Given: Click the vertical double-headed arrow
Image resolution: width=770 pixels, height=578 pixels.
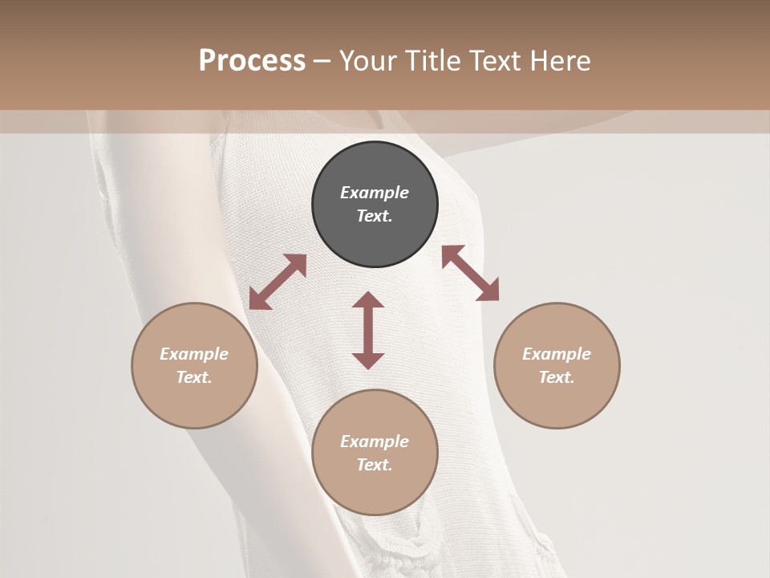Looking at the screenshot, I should click(x=368, y=330).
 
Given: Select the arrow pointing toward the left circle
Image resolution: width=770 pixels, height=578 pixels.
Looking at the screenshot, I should click(x=278, y=282).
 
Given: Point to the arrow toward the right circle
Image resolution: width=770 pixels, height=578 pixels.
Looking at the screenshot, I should click(x=470, y=273).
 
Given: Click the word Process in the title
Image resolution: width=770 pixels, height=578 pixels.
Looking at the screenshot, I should click(x=252, y=60).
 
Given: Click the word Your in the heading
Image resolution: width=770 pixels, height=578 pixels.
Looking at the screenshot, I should click(x=365, y=60).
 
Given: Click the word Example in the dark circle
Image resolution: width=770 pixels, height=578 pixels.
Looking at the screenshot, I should click(x=375, y=193).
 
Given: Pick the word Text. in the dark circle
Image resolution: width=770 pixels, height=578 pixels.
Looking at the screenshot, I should click(x=375, y=216).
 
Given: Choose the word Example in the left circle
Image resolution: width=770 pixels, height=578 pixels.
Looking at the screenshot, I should click(x=194, y=354).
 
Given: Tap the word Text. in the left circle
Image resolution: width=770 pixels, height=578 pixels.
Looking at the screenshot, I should click(x=194, y=377).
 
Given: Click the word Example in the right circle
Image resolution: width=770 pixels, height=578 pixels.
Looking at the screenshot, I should click(x=557, y=354).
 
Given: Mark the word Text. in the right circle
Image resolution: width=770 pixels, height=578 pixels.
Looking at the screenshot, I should click(x=557, y=377).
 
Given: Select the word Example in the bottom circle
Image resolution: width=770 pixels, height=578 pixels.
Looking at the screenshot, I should click(x=375, y=442).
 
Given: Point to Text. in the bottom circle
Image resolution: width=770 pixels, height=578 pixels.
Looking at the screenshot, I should click(x=375, y=465).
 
